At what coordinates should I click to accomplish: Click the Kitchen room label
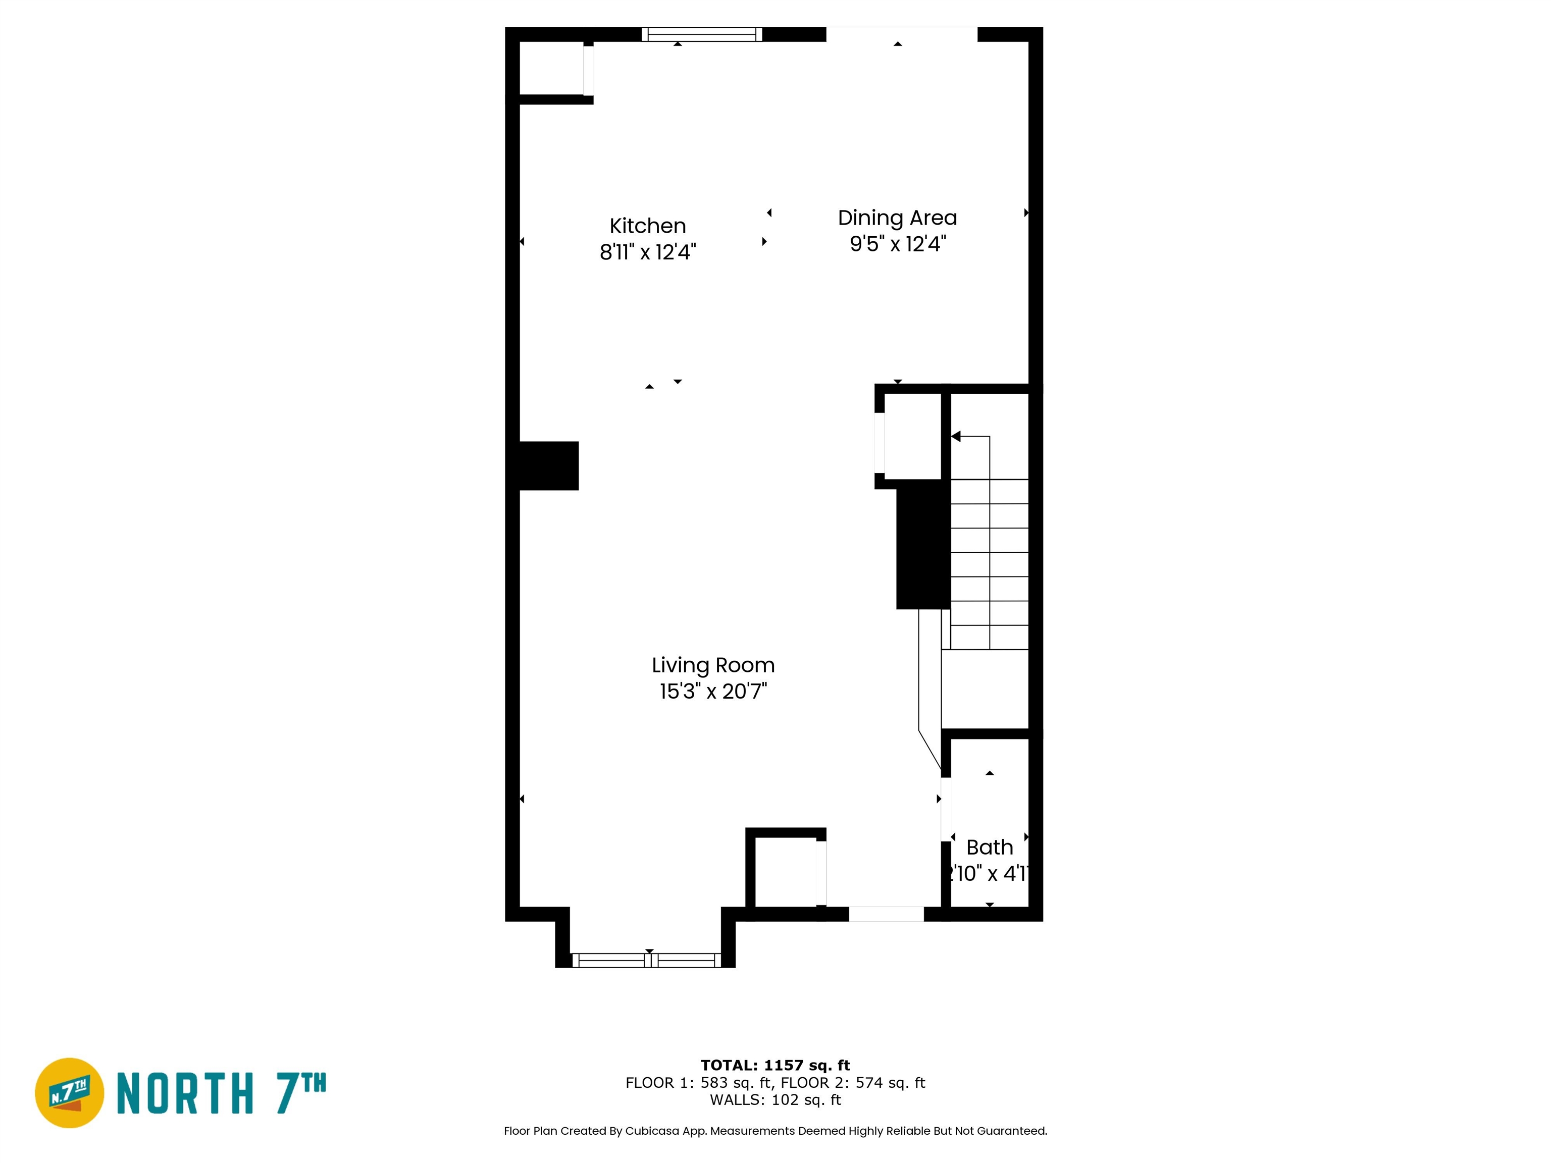click(x=647, y=226)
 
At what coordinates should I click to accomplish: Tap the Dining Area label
click(x=898, y=218)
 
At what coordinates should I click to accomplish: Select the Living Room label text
click(x=713, y=665)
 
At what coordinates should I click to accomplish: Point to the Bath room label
click(x=990, y=847)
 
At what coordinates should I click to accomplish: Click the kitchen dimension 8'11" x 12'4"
click(x=647, y=252)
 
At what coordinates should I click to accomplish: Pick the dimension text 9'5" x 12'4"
click(x=898, y=244)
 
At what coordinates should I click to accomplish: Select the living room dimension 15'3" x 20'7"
click(x=713, y=691)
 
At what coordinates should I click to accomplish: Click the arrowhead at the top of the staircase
click(x=956, y=437)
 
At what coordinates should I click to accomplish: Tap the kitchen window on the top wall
click(x=701, y=34)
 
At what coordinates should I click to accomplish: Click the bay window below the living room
click(x=646, y=961)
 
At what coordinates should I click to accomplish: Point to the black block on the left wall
click(x=548, y=465)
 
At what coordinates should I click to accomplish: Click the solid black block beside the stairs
click(x=923, y=544)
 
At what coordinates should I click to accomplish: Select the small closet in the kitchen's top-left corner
click(x=551, y=68)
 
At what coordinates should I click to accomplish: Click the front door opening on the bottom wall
click(x=886, y=914)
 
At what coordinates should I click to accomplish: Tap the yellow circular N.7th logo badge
click(x=69, y=1093)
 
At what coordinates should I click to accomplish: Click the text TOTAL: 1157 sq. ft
click(x=775, y=1066)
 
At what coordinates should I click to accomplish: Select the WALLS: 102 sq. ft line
click(x=775, y=1100)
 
